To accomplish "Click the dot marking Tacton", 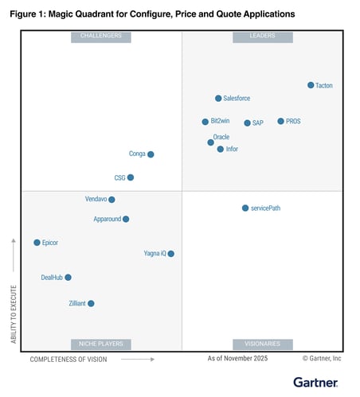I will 311,85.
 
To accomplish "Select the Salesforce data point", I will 218,99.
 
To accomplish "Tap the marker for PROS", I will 280,122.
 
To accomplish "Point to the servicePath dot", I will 245,208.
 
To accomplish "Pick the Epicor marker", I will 37,243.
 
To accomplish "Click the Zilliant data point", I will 91,304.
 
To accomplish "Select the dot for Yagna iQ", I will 170,254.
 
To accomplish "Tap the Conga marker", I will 151,154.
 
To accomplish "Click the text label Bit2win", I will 220,122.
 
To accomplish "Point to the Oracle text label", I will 221,137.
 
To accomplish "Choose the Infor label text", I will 232,150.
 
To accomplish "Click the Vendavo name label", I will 95,199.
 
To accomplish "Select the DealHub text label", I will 51,278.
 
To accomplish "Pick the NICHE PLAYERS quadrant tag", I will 101,344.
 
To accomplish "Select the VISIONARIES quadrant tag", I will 262,344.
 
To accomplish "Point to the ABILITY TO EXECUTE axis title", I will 14,294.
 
